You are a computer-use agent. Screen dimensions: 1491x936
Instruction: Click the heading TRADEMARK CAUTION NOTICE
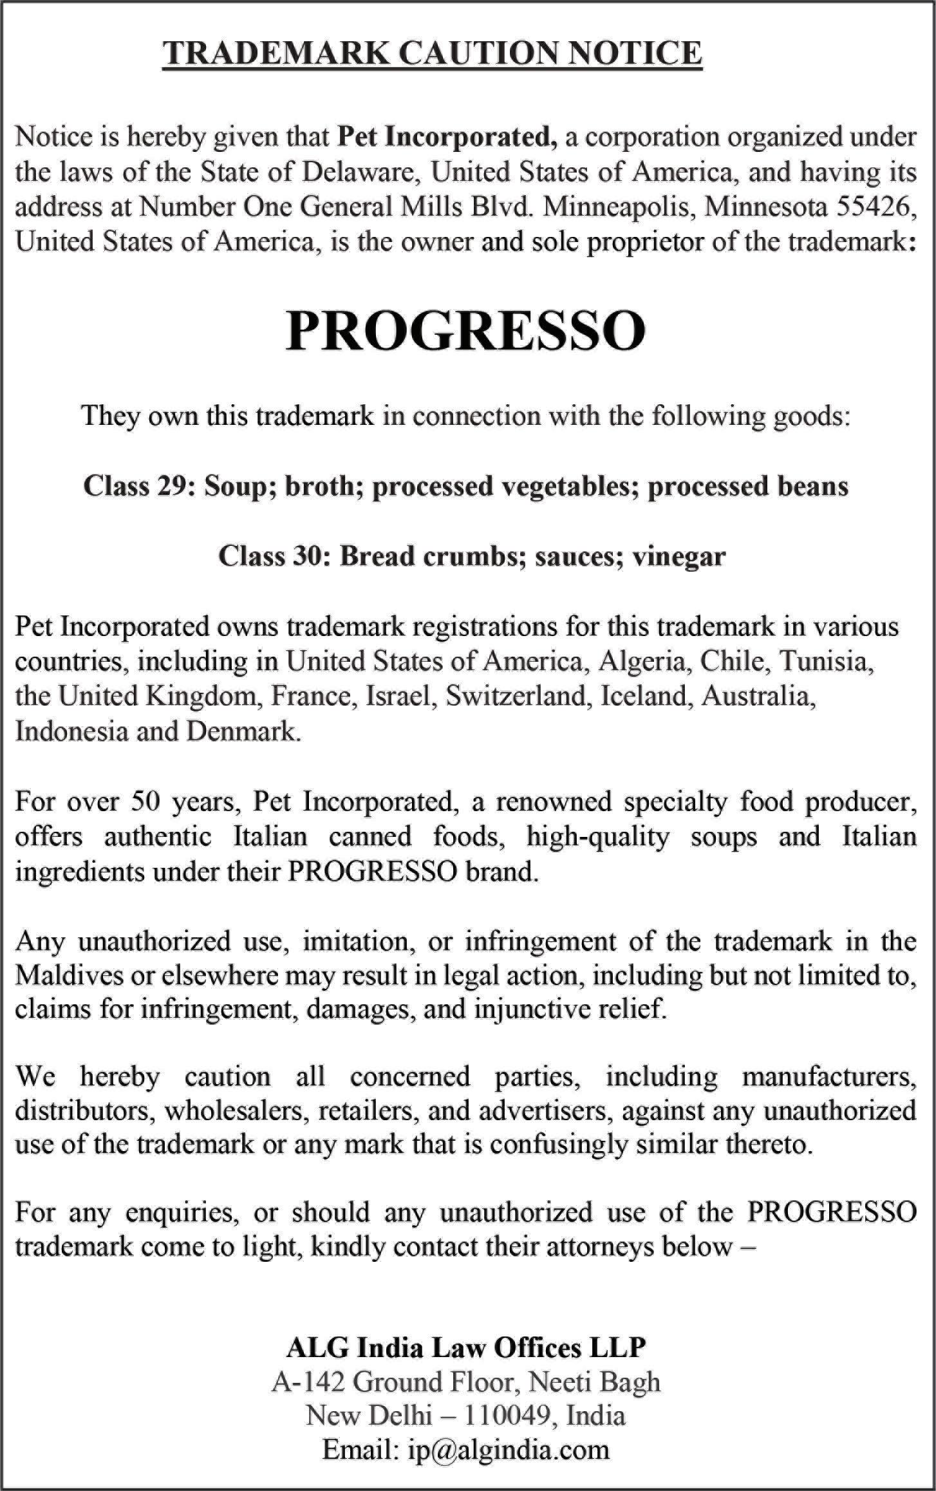tap(432, 53)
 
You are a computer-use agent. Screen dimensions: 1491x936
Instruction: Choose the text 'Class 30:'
tap(274, 556)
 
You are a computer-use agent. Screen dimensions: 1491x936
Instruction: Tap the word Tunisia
tap(827, 661)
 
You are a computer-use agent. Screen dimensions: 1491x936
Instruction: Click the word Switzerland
tap(514, 696)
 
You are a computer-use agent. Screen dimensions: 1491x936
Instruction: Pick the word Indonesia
tap(71, 731)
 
